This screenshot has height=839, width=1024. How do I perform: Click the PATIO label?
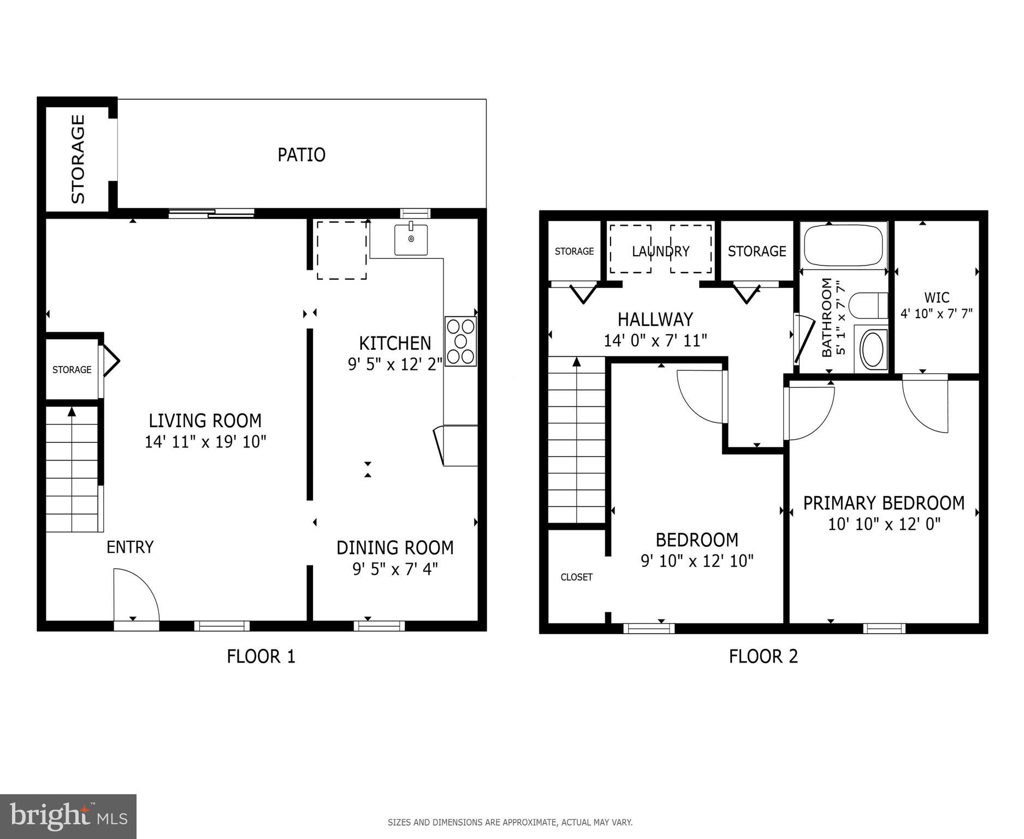click(301, 155)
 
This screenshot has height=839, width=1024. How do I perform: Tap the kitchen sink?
click(411, 239)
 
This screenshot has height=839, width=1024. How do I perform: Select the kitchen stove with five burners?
click(460, 342)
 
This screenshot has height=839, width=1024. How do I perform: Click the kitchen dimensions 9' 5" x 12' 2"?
click(395, 364)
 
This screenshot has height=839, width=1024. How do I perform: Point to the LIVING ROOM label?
click(205, 421)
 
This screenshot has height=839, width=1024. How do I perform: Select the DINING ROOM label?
click(395, 547)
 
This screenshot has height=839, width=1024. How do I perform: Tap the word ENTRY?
click(130, 547)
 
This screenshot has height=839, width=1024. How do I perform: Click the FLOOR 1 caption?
click(261, 656)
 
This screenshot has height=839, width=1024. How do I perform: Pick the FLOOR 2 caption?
click(763, 656)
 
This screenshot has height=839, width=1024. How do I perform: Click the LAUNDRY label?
click(660, 251)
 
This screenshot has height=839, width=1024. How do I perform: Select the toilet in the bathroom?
click(868, 305)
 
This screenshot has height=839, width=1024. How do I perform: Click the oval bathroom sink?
click(874, 349)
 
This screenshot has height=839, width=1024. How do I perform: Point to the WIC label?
click(937, 298)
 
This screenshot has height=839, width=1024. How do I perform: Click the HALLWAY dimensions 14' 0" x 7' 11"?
click(655, 341)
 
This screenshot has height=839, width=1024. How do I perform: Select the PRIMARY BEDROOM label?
click(884, 503)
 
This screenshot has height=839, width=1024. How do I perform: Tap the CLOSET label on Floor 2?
click(576, 577)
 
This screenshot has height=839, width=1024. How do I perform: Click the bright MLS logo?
click(68, 817)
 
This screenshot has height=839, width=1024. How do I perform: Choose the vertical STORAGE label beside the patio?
click(78, 159)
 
